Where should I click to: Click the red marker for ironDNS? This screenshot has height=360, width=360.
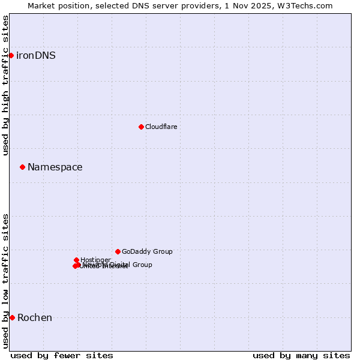[11, 55]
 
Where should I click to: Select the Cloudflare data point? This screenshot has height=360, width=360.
[141, 127]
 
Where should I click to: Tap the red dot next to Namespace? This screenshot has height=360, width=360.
[22, 167]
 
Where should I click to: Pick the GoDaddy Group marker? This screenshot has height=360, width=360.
[118, 251]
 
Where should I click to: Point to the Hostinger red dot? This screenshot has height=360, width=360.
[76, 260]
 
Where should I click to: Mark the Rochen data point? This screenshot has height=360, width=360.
[12, 317]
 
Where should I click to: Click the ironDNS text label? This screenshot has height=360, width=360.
[36, 56]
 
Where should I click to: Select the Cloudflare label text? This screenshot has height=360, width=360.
[161, 127]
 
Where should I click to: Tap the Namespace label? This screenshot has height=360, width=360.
[55, 167]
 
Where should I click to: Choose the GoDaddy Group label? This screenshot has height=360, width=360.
[147, 252]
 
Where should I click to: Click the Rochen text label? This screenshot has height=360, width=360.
[35, 318]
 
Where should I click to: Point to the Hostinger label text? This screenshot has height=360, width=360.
[95, 260]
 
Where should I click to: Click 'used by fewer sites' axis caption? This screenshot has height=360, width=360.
[62, 355]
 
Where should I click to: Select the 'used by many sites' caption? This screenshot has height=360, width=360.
[301, 355]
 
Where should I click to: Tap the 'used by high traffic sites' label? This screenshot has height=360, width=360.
[5, 85]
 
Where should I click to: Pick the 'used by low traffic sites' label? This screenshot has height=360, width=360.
[5, 280]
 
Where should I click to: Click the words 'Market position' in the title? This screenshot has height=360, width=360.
[59, 5]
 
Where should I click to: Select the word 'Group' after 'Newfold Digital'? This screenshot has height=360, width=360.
[142, 265]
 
